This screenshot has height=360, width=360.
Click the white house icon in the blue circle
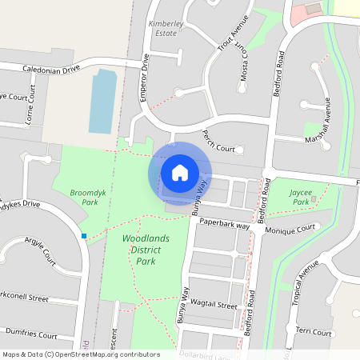point(180,172)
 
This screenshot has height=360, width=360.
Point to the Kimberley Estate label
point(166,30)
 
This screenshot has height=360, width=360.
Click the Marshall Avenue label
point(327,127)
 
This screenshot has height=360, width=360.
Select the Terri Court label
point(314,331)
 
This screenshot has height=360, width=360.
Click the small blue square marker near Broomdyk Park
point(83,235)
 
